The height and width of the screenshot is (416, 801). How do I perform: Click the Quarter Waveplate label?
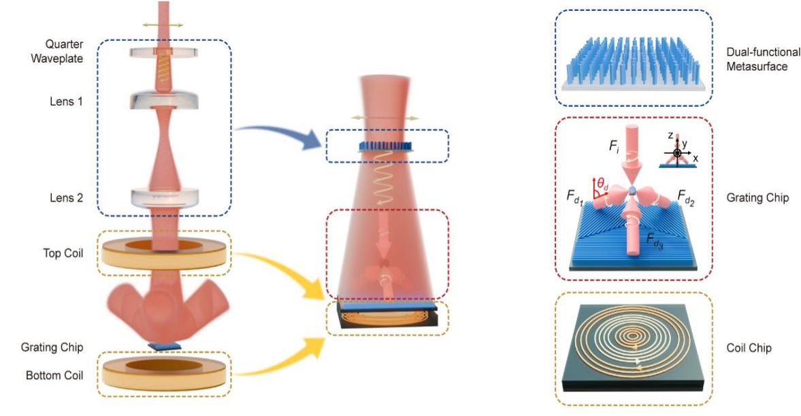(56, 51)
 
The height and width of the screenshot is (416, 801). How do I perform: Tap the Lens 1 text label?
(66, 101)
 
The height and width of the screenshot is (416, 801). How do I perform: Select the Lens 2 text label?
(66, 197)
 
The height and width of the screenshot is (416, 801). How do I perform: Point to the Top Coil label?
(63, 253)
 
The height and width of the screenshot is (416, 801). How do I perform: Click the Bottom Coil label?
(54, 375)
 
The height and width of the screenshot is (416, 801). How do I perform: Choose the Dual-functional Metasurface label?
(763, 59)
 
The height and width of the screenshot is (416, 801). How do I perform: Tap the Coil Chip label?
(749, 348)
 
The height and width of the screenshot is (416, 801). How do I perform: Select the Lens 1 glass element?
(163, 100)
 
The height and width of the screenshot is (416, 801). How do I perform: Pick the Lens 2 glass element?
(165, 197)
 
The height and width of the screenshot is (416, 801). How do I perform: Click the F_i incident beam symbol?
(614, 146)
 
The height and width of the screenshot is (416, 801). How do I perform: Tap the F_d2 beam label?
(685, 197)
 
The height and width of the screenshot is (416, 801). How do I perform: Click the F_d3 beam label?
(655, 240)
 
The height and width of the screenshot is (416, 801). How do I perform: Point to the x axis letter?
(696, 159)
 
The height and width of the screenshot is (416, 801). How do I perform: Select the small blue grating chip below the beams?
(165, 346)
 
